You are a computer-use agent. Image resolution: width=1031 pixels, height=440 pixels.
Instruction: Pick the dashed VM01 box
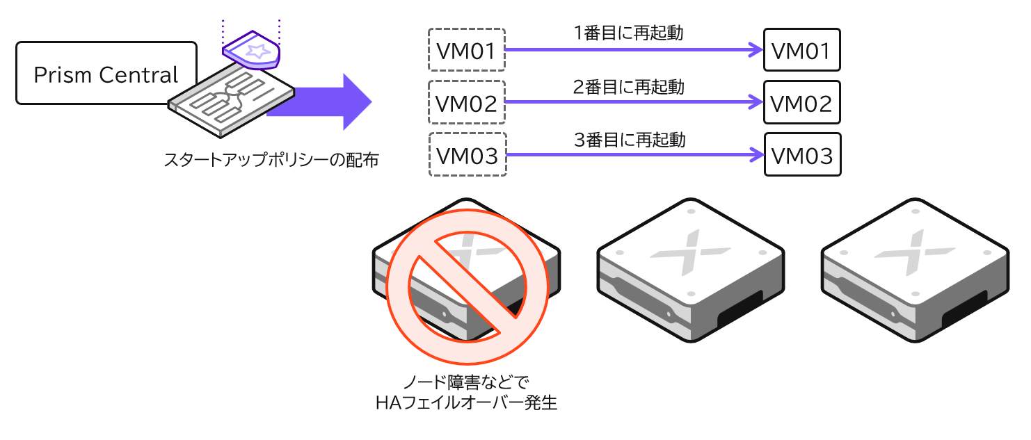(466, 50)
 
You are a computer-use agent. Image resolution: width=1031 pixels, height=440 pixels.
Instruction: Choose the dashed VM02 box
(466, 102)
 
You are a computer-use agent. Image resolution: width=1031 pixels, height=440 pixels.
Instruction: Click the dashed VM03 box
(466, 154)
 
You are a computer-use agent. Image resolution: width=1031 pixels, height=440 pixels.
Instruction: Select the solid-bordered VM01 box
(801, 50)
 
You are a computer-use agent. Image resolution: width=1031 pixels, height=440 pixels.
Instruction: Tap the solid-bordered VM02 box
(801, 102)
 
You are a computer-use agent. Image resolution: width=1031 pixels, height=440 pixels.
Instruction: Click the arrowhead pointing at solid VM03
(755, 154)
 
